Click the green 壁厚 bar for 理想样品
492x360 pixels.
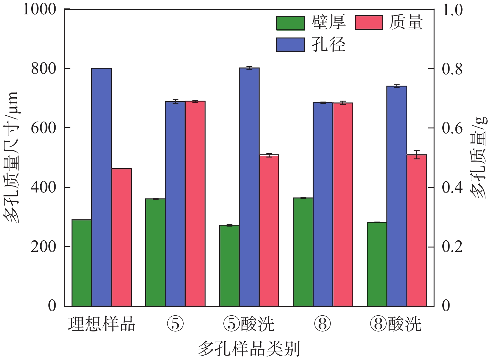pyautogui.click(x=82, y=263)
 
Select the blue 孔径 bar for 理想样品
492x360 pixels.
pyautogui.click(x=102, y=187)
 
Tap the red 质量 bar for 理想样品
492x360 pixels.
pyautogui.click(x=122, y=237)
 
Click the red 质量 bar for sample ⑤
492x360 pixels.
pyautogui.click(x=195, y=203)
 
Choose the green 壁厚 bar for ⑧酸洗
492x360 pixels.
pyautogui.click(x=377, y=264)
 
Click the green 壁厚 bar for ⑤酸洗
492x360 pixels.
pyautogui.click(x=229, y=266)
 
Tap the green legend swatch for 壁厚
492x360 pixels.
pyautogui.click(x=290, y=23)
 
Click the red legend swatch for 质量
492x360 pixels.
pyautogui.click(x=369, y=22)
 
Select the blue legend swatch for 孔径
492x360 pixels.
pyautogui.click(x=290, y=44)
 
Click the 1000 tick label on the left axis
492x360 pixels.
pyautogui.click(x=39, y=9)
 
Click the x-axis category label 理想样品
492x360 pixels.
pyautogui.click(x=102, y=324)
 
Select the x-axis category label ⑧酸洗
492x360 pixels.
pyautogui.click(x=396, y=324)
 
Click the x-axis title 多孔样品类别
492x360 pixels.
pyautogui.click(x=249, y=349)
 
